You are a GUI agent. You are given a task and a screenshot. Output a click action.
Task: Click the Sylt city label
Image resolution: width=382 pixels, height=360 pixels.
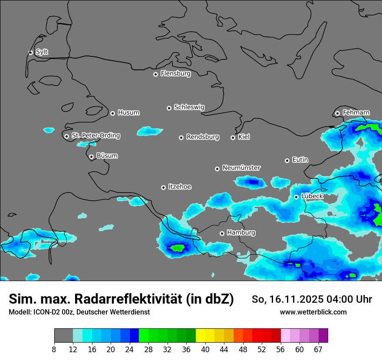coord(42,52)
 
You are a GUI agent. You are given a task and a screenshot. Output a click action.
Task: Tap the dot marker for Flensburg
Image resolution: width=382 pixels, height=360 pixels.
coord(155,74)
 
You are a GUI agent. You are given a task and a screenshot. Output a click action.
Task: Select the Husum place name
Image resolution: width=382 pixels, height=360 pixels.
coord(128,113)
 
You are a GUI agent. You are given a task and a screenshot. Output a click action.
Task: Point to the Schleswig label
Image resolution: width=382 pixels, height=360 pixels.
coord(189,107)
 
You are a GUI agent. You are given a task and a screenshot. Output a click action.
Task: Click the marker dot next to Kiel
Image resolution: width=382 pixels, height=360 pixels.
coord(233,137)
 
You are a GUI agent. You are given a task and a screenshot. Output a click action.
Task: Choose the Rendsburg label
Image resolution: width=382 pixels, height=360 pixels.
coord(203,137)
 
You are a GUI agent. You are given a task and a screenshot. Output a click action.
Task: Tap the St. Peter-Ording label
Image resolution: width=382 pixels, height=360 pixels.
coord(95,135)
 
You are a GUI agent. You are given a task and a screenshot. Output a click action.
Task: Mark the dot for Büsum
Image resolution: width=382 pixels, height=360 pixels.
coord(91,157)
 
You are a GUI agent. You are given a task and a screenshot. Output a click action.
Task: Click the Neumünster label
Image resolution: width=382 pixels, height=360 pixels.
coord(241,168)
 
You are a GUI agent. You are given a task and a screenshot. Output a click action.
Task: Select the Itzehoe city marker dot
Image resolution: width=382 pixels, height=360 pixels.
coord(163,187)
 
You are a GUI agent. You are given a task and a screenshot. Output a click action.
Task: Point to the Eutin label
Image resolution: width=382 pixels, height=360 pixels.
coord(300,160)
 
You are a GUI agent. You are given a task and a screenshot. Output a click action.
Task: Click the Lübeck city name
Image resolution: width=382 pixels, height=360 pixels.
coord(312,196)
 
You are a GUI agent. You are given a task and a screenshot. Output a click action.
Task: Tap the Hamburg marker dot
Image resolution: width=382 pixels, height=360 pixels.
coord(222,233)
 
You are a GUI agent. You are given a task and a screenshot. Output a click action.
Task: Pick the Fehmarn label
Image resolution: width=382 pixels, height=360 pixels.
coord(356,113)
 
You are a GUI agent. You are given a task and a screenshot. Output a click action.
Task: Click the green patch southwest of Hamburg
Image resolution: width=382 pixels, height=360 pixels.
coord(177,248)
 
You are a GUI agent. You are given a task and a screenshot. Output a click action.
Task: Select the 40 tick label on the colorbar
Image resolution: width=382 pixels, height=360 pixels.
coord(205,349)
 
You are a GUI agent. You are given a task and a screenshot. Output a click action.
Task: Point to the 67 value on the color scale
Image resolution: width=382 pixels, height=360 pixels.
coord(318,349)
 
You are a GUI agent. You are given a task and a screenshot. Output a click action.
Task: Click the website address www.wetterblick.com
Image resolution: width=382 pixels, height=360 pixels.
coord(313,312)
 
